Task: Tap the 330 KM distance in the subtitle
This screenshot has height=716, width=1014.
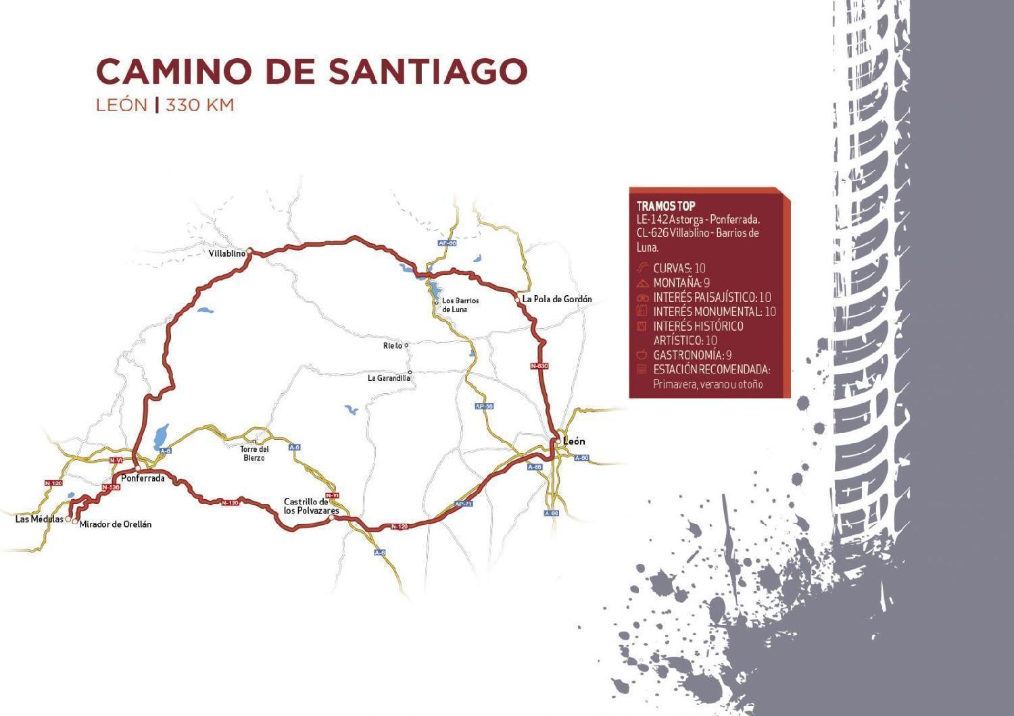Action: point(200,105)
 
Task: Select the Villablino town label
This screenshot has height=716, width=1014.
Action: point(226,254)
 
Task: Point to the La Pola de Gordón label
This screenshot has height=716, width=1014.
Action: point(557,299)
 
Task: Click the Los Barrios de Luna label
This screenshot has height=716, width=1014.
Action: point(460,305)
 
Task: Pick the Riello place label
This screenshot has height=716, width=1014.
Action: point(393,346)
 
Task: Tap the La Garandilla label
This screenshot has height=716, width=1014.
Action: point(389,378)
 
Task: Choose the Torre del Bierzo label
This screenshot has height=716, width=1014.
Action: point(255,453)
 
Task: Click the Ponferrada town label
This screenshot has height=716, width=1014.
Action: point(143,478)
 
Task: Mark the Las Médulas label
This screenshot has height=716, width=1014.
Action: point(39,519)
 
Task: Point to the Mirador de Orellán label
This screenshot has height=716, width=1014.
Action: point(116,524)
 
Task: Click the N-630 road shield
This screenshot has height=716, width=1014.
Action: point(539,366)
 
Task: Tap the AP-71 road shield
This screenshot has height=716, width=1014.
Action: point(464,504)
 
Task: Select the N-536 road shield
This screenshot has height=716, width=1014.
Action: point(111,487)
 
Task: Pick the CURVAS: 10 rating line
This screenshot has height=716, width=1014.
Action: point(679,268)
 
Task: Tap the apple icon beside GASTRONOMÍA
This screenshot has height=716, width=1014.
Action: point(642,355)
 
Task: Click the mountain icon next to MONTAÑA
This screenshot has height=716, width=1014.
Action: point(642,283)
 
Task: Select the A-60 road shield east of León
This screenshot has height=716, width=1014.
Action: point(581,458)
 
